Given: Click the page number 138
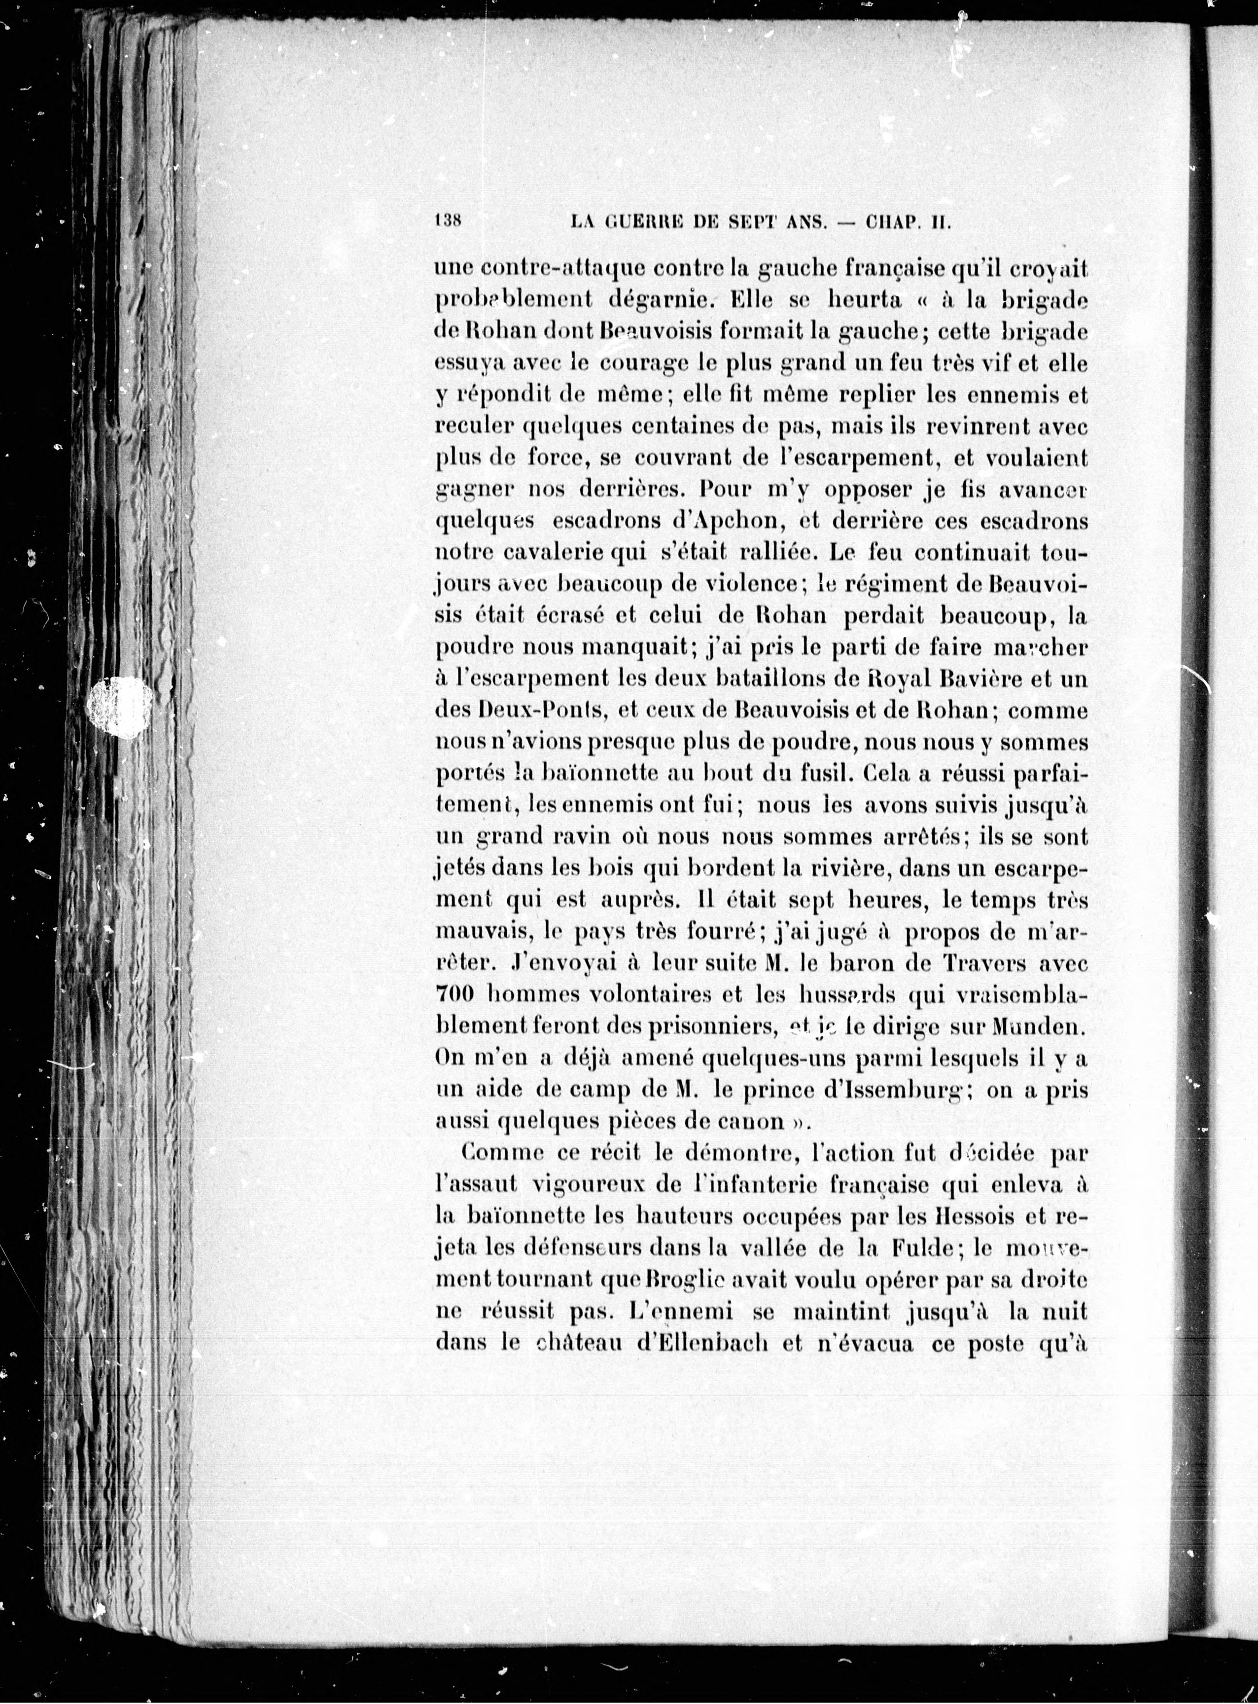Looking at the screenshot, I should coord(448,221).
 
